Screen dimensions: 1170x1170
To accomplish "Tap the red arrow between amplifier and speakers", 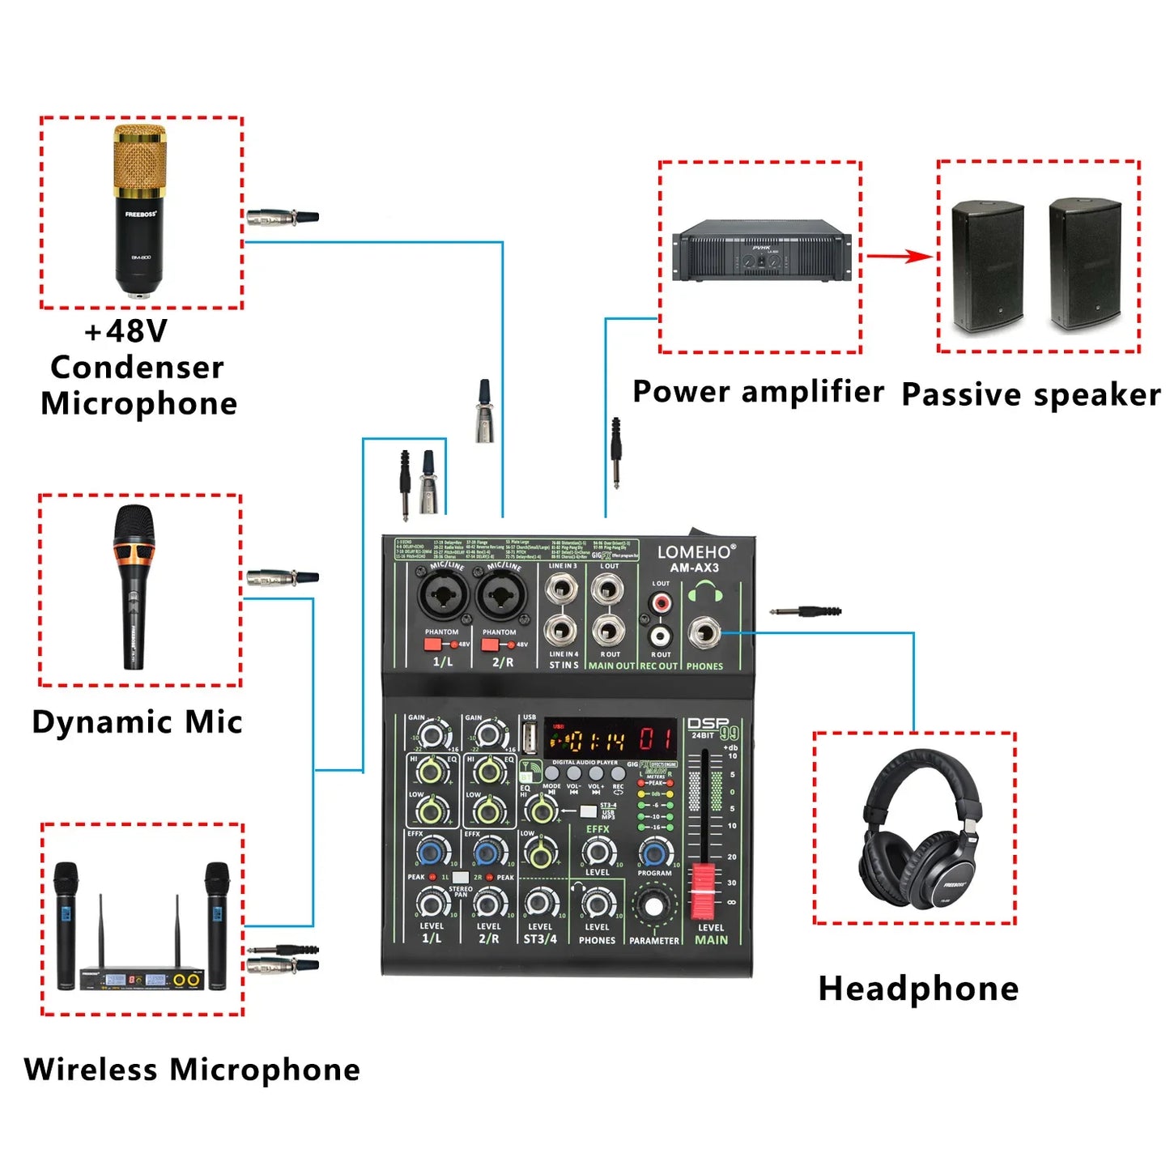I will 899,257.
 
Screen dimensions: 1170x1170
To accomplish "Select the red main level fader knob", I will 704,889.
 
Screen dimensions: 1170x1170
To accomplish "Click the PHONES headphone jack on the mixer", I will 704,633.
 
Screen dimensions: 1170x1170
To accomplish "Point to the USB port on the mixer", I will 530,738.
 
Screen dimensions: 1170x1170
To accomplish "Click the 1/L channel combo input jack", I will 442,598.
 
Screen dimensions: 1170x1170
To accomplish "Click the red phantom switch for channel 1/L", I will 432,645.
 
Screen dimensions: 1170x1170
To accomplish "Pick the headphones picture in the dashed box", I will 915,830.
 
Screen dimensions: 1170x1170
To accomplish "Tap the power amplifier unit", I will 761,252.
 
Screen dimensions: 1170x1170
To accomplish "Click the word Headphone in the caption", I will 918,989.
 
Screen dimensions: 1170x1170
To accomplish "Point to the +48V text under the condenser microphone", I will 126,330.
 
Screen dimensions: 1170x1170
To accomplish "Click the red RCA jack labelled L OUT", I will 662,603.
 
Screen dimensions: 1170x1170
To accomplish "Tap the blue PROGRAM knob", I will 654,853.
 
